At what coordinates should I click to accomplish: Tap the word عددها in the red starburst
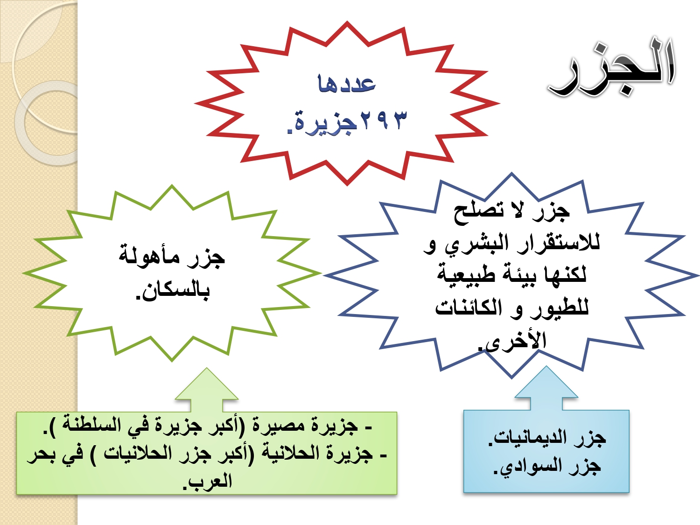tap(347, 84)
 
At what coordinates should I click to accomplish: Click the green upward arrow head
tap(207, 384)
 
